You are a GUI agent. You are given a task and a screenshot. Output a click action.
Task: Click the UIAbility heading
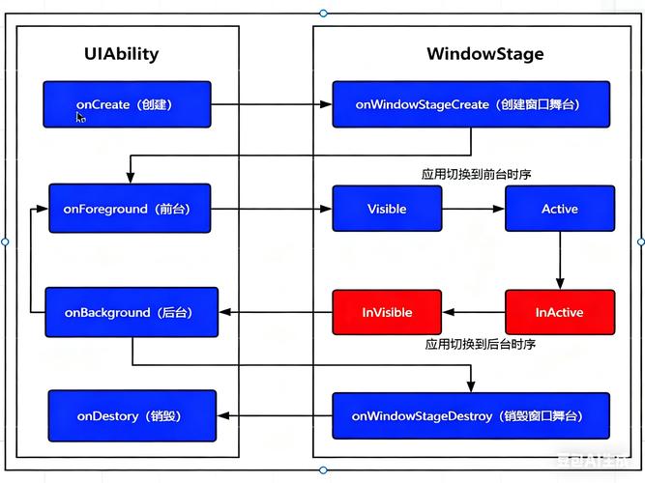121,54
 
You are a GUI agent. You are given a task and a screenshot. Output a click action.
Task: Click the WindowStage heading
485,54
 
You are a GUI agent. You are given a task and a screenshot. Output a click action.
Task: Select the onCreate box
127,104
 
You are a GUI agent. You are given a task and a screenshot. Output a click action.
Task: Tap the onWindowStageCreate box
471,104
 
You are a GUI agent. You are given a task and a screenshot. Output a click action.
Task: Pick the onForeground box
130,209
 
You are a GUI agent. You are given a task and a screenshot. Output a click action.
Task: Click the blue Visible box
387,209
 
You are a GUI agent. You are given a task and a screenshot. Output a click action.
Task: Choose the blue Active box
560,209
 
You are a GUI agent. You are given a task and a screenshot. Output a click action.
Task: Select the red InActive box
560,312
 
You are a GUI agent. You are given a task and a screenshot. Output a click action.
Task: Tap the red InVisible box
387,312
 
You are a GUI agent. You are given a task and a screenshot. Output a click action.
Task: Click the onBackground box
132,312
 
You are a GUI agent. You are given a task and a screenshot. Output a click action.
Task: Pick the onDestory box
132,416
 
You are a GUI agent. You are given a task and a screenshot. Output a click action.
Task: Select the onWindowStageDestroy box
471,416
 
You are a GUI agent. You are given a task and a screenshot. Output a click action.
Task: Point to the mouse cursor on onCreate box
80,118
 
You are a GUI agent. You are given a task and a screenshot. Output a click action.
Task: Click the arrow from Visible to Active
474,209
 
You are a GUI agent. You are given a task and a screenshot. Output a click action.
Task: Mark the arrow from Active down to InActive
560,261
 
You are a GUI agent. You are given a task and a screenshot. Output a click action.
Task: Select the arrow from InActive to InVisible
474,312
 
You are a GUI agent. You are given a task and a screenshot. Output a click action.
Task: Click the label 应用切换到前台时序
476,174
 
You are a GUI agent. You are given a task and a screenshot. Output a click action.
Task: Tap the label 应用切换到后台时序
480,344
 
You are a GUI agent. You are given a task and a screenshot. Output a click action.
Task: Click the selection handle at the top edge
323,14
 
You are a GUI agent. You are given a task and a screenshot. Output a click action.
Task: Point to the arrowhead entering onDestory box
222,416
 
